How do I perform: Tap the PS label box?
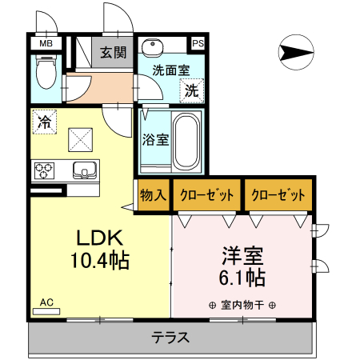(x=197, y=43)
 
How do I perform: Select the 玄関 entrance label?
(x=113, y=54)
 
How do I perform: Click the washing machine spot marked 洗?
(x=192, y=90)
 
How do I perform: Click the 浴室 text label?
(x=155, y=140)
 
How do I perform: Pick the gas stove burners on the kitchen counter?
(x=43, y=170)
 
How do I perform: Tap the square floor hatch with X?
(x=82, y=141)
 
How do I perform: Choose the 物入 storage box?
(x=153, y=194)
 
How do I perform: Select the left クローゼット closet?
(x=206, y=194)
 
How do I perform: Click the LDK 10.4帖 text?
(x=98, y=249)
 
